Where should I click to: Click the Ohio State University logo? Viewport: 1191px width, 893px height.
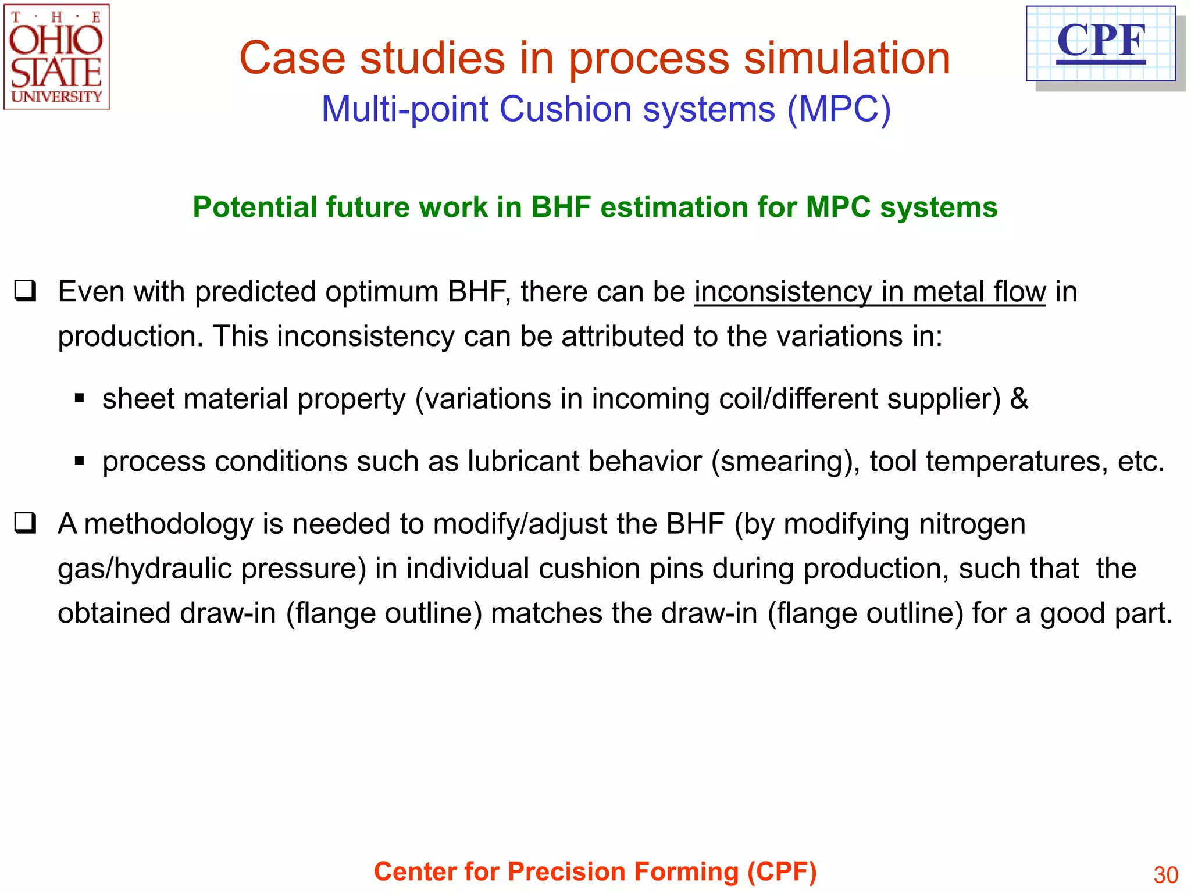click(56, 57)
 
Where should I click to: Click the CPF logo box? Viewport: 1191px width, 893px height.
click(1100, 43)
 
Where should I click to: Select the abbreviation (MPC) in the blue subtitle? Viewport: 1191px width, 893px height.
click(839, 109)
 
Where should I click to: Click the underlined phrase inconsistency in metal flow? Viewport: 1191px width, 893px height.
click(869, 292)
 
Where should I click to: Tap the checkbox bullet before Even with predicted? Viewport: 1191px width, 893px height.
click(26, 291)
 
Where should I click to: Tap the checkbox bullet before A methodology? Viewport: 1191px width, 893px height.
click(26, 523)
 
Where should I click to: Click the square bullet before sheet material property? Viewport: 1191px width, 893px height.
click(80, 399)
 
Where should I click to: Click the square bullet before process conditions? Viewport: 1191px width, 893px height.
click(80, 462)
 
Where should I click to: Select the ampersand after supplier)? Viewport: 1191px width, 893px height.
click(1019, 399)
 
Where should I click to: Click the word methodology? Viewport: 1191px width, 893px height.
click(169, 524)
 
